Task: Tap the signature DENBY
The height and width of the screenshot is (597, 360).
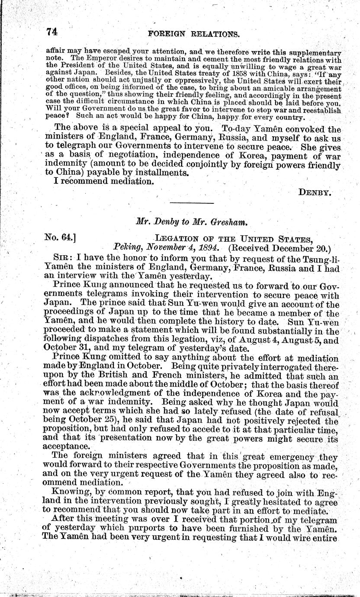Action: tap(315, 193)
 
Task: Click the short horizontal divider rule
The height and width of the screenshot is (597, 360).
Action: tap(192, 203)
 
